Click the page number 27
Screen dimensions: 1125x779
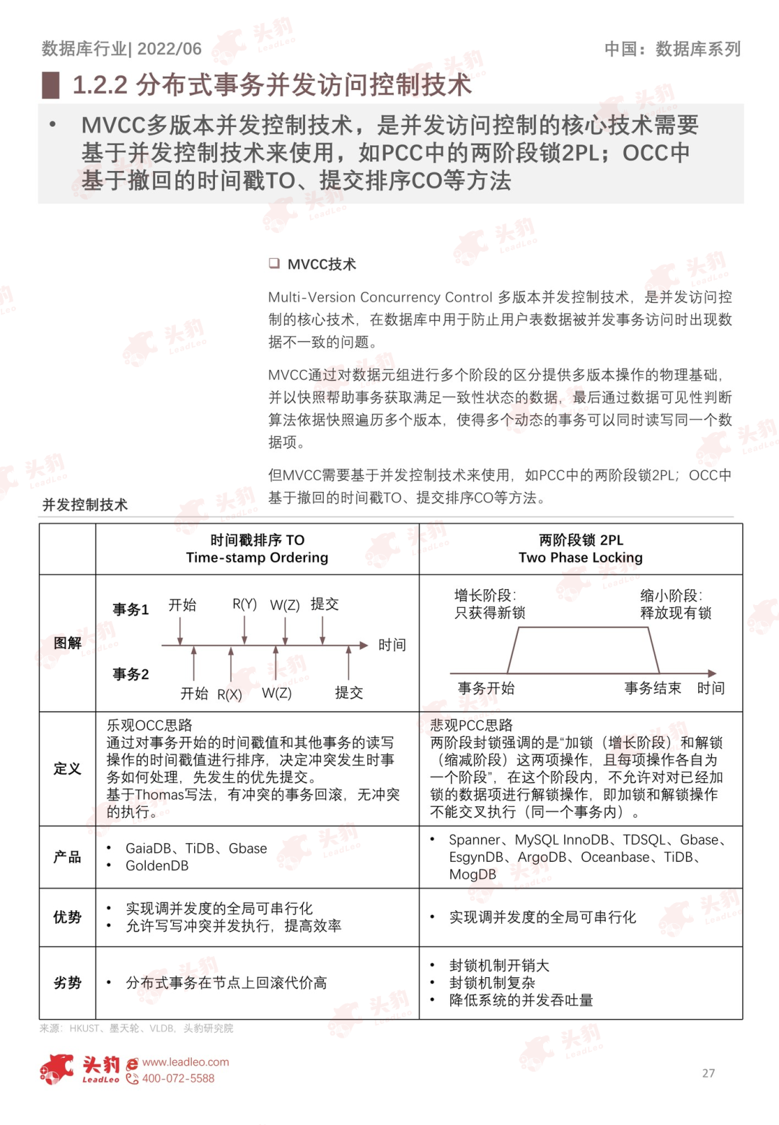click(x=708, y=1073)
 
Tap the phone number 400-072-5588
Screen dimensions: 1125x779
click(x=178, y=1079)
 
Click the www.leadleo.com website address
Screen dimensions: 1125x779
click(x=185, y=1062)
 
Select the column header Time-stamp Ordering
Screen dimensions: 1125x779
click(x=257, y=557)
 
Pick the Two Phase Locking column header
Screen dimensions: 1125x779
click(x=581, y=557)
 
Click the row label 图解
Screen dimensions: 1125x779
click(x=67, y=643)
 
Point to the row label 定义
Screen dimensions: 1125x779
click(x=67, y=769)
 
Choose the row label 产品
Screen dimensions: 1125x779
click(x=67, y=857)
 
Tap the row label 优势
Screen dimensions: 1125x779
click(x=67, y=917)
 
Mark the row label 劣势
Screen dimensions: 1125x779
click(x=67, y=983)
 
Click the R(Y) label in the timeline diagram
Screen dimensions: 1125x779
click(x=245, y=604)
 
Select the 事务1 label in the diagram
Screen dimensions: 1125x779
click(x=131, y=609)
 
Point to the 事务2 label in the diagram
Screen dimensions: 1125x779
click(x=131, y=674)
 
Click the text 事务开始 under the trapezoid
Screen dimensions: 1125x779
click(x=486, y=688)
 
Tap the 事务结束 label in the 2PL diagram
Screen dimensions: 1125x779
click(x=653, y=688)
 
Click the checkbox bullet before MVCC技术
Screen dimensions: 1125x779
click(x=274, y=263)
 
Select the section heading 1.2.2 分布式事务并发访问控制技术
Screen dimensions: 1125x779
click(x=272, y=85)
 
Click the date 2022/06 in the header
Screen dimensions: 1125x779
click(x=170, y=49)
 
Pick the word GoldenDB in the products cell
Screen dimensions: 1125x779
click(x=157, y=865)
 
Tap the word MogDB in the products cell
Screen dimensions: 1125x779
click(x=472, y=874)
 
